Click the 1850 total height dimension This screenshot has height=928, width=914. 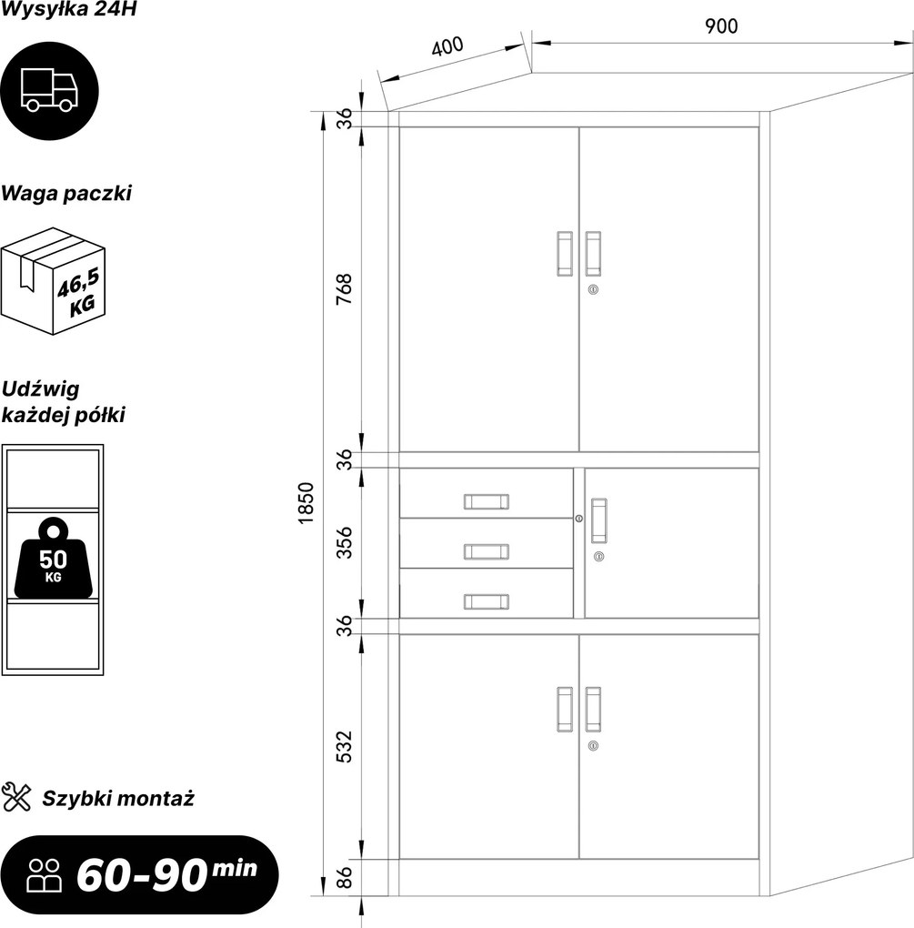306,503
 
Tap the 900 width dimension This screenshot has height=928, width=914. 721,26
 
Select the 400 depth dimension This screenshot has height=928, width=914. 447,45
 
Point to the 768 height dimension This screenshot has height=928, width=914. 344,288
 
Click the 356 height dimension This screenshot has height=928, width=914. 344,542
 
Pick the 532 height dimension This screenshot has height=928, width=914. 344,747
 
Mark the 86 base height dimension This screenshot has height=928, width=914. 344,878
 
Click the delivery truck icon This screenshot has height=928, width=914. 49,91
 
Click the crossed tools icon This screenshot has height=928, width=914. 16,797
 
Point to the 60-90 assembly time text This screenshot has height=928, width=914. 141,875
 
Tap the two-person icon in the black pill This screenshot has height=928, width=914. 45,875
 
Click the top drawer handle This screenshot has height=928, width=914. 487,502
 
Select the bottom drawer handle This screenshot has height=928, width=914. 487,602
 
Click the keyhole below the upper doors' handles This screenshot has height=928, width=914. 593,289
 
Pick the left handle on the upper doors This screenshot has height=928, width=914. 565,253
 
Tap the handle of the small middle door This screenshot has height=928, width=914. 598,520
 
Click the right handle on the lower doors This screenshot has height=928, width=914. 593,710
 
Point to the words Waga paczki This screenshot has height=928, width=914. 66,194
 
